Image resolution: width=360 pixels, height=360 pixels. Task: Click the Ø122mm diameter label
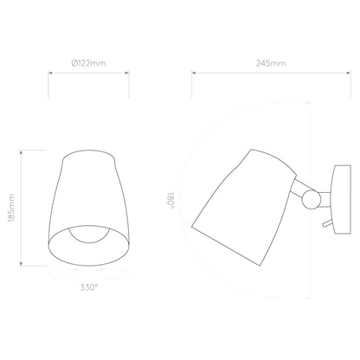tap(88, 63)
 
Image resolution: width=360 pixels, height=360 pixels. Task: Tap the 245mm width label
tap(271, 63)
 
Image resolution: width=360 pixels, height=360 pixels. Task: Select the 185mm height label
tap(11, 208)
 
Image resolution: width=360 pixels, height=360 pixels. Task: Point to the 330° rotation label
tap(89, 287)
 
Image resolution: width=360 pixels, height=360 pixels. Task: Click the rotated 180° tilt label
tap(170, 201)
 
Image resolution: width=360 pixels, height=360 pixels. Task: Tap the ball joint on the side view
tap(311, 199)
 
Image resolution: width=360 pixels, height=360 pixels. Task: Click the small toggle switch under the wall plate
tap(327, 223)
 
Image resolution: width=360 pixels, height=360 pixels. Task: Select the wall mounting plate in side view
tap(342, 200)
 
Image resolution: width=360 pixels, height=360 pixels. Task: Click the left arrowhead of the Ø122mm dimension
tap(50, 73)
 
